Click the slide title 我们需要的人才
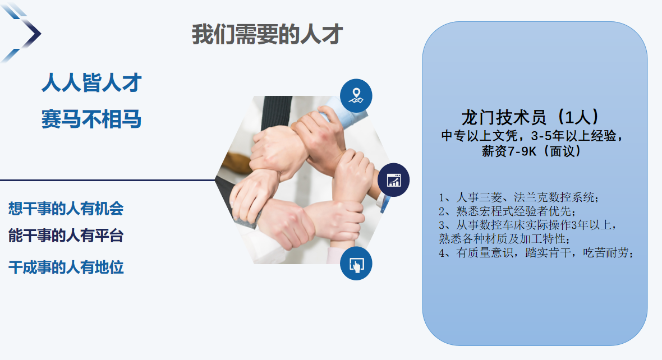tap(267, 34)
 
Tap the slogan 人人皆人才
tap(91, 82)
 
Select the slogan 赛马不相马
tap(91, 119)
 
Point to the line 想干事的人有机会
tap(66, 209)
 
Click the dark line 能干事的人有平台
tap(66, 236)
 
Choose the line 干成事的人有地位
tap(66, 267)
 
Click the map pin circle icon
tap(356, 95)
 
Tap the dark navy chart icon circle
tap(393, 180)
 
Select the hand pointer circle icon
tap(356, 264)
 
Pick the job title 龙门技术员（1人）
tap(531, 117)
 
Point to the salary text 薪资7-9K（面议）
tap(531, 151)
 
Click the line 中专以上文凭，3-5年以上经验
tap(531, 136)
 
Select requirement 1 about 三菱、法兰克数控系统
tap(519, 197)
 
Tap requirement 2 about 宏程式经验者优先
tap(507, 211)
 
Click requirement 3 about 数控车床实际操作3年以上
tap(528, 225)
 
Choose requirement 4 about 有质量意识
tap(536, 253)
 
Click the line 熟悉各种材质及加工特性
tap(504, 239)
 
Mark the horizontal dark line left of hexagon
tap(108, 180)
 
